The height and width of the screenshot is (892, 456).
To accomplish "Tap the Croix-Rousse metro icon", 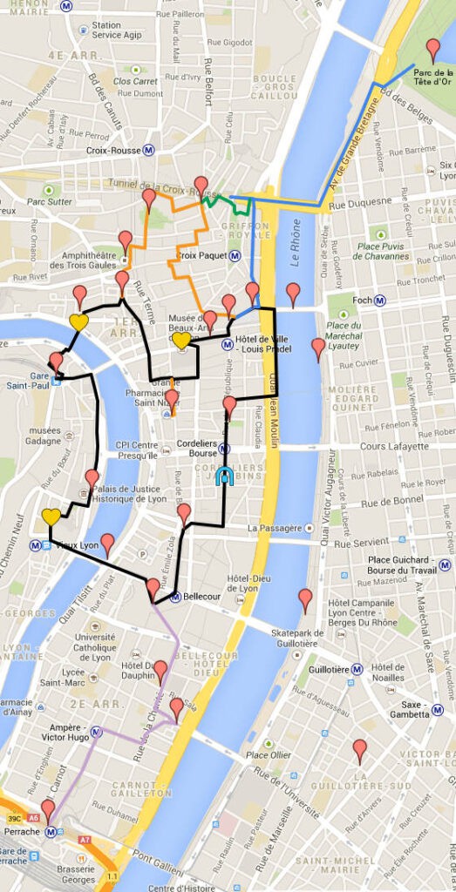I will [x=149, y=150].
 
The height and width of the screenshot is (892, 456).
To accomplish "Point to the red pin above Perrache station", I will [x=47, y=810].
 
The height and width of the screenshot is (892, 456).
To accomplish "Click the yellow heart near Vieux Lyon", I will [x=51, y=517].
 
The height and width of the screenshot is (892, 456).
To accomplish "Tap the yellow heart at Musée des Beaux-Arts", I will [x=180, y=340].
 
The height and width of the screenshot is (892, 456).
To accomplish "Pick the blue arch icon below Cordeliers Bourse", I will [x=224, y=476].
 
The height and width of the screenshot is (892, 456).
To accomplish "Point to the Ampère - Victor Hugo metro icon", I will [x=95, y=732].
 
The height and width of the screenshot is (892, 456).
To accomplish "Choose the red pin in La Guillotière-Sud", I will [x=359, y=750].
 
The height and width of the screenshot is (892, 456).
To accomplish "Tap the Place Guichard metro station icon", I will [x=445, y=564].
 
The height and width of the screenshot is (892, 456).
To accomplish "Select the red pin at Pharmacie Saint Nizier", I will [x=171, y=401].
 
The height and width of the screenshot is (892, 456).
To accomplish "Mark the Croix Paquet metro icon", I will [x=235, y=256].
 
